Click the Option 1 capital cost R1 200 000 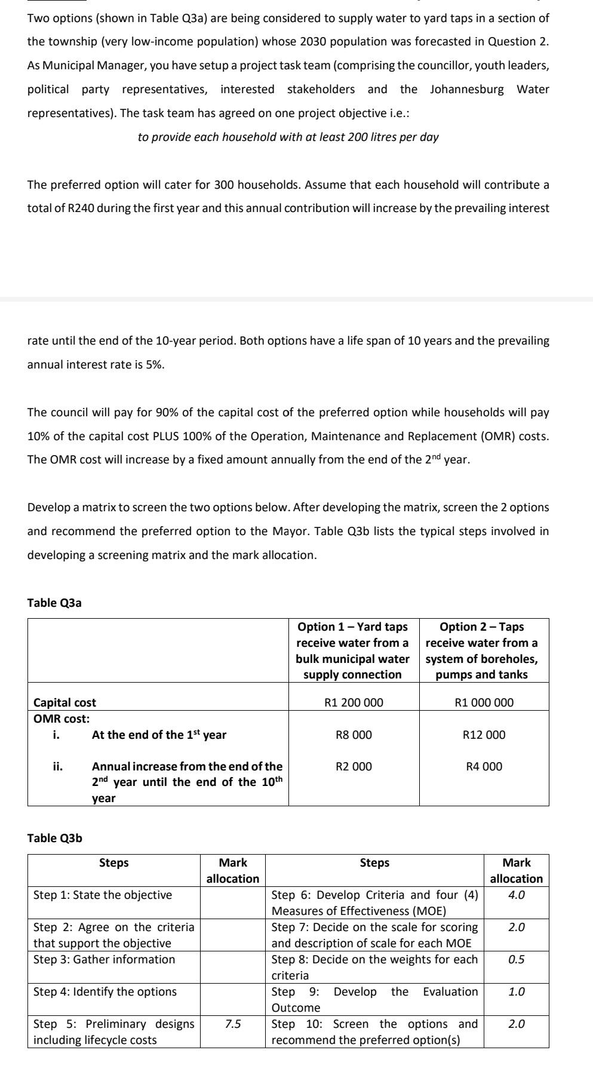(354, 702)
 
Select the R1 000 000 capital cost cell (484, 702)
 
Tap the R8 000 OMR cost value (354, 735)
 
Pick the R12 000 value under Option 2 (484, 735)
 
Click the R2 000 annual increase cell (354, 766)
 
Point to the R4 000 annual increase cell (484, 766)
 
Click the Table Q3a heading (54, 603)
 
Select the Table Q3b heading (54, 838)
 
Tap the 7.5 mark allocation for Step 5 (233, 1024)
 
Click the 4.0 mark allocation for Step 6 (516, 895)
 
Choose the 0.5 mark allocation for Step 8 (516, 959)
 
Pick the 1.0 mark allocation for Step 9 (516, 991)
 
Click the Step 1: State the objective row (103, 895)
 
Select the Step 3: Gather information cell (105, 959)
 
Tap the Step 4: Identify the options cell (105, 991)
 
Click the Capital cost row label (64, 702)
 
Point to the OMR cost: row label (62, 718)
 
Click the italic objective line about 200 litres (288, 137)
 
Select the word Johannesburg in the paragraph (466, 89)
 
